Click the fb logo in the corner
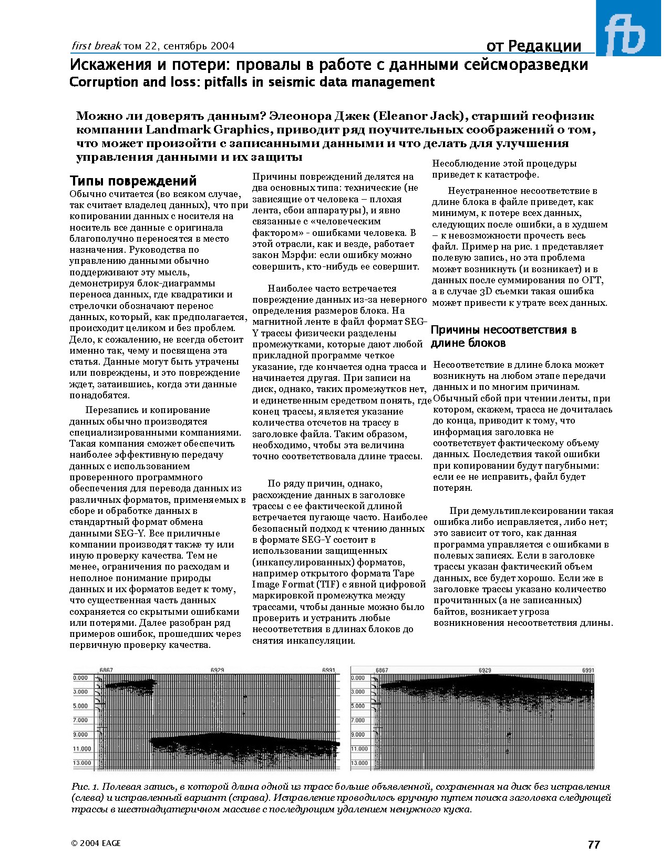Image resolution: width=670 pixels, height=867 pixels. click(628, 28)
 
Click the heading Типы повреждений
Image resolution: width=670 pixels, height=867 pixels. click(133, 181)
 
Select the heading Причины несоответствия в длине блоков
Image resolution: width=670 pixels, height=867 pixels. click(503, 336)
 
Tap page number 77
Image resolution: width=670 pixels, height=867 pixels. click(594, 844)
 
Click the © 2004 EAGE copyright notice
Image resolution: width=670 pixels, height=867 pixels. click(96, 843)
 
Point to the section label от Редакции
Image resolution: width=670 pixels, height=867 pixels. click(533, 46)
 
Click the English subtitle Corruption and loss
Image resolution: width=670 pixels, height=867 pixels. click(252, 82)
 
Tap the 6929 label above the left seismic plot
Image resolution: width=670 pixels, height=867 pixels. click(217, 670)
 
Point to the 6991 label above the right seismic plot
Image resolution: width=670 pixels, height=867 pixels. click(588, 670)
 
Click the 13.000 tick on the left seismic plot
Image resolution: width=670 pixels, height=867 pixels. click(82, 763)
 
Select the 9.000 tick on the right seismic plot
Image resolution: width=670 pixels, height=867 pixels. click(358, 735)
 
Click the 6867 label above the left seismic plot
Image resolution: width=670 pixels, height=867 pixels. click(106, 670)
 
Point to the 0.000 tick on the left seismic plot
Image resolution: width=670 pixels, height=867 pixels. click(80, 678)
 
